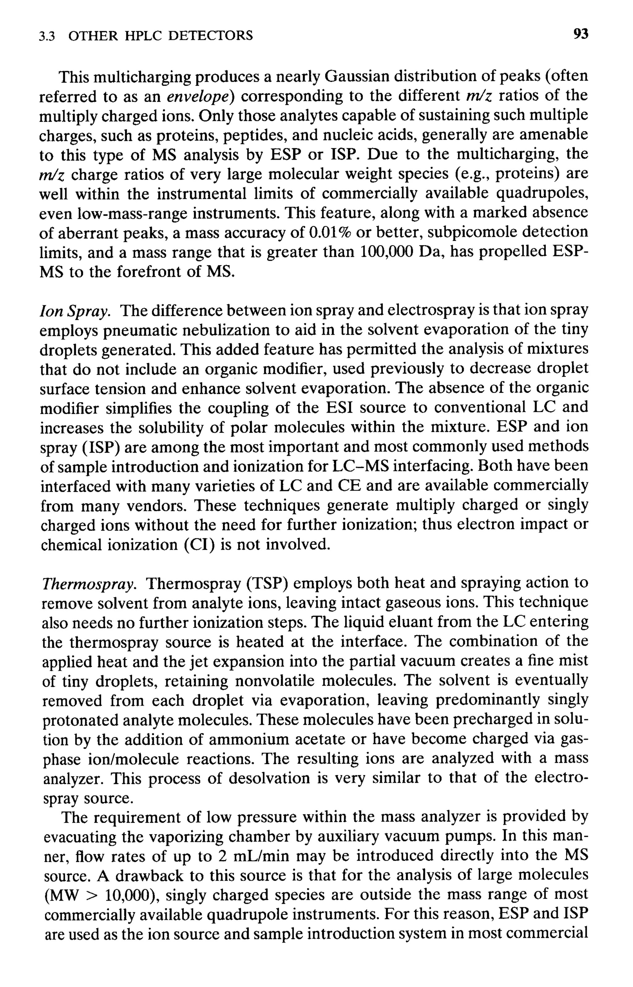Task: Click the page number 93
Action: (581, 35)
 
